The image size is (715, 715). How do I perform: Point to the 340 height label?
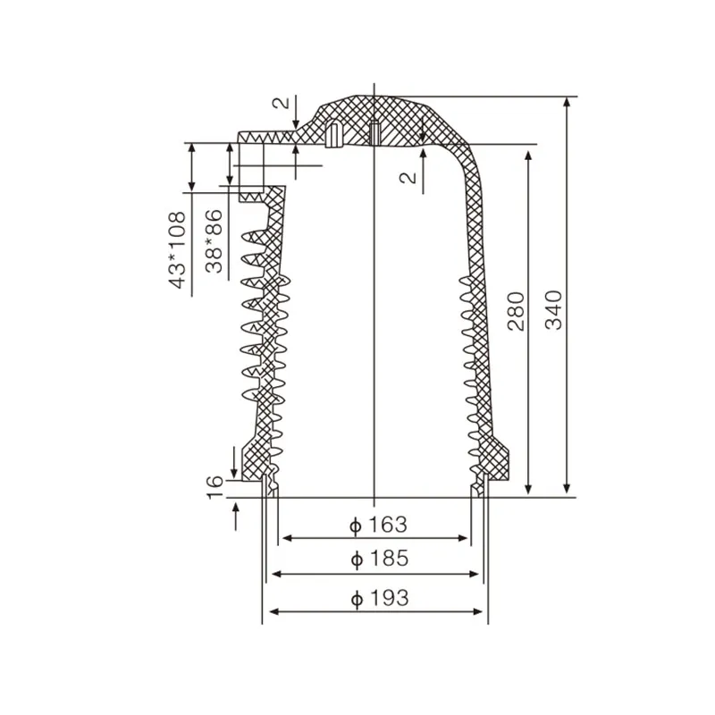(x=554, y=309)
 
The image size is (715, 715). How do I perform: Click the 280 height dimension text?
(x=517, y=309)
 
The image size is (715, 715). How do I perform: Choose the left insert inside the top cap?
(x=332, y=134)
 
